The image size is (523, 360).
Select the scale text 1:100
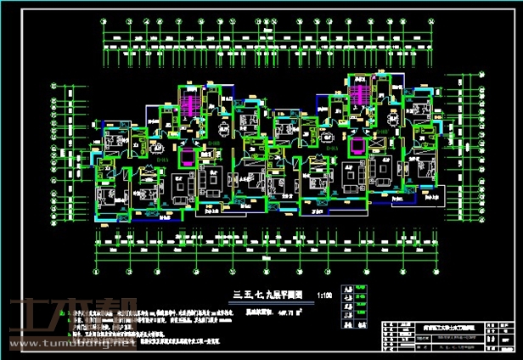pyautogui.click(x=323, y=297)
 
